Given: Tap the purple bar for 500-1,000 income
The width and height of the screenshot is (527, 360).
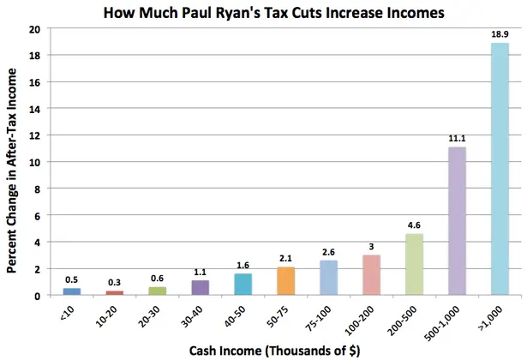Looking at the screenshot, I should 456,221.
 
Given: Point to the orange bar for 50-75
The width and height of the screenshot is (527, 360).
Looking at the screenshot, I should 286,281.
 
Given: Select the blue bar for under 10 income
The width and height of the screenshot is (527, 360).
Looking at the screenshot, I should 73,291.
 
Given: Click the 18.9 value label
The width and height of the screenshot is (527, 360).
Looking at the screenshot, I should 500,34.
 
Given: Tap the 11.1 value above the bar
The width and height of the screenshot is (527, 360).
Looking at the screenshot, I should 456,139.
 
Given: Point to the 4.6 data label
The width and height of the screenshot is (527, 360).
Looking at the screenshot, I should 413,225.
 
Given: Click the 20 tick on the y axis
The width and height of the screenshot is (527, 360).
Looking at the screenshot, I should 34,28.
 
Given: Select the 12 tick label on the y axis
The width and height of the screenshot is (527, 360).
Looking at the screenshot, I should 34,135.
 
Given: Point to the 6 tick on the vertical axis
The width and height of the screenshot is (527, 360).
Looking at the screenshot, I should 38,215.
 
